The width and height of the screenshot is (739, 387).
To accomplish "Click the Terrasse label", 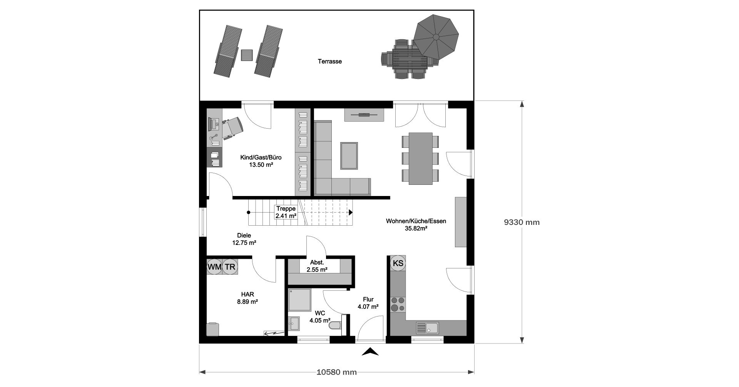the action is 330,61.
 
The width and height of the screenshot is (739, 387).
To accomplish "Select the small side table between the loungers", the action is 247,55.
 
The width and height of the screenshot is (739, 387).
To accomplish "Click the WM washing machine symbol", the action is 214,266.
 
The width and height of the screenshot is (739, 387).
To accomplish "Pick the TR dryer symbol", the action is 230,266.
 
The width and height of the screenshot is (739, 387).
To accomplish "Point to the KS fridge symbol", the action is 398,263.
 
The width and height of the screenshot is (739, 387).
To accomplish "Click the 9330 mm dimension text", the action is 522,222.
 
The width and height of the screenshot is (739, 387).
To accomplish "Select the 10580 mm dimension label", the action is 337,372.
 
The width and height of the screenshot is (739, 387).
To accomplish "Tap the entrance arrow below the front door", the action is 370,351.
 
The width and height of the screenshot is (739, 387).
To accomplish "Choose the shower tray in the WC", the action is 299,299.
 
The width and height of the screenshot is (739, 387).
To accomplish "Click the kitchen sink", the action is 427,328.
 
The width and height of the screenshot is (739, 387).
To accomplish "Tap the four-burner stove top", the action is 398,304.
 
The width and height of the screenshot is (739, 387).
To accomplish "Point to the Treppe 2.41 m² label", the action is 286,212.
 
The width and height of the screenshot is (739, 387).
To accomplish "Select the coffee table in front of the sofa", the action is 349,156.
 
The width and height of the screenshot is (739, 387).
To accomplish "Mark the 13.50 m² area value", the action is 261,164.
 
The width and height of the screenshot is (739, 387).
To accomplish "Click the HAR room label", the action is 247,295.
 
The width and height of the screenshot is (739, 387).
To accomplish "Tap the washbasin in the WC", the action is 294,323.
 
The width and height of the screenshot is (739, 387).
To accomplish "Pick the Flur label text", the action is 368,300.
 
